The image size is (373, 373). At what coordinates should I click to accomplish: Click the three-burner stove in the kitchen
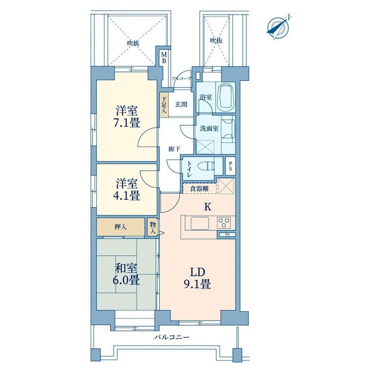[223, 223]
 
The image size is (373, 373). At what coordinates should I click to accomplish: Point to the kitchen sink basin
[200, 223]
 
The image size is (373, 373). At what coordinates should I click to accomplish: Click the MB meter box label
[164, 58]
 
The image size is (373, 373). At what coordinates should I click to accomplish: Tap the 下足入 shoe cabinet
[164, 105]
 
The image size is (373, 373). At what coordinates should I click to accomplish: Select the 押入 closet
[120, 227]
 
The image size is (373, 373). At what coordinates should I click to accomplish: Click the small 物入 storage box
[152, 227]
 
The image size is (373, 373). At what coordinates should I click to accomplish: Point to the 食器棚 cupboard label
[199, 189]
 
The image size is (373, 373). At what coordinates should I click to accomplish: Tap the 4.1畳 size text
[126, 195]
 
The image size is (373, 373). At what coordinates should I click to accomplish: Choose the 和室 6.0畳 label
[126, 274]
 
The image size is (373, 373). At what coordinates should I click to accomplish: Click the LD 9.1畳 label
[197, 278]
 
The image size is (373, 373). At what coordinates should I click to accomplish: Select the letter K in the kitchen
[208, 207]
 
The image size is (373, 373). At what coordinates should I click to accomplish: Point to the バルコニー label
[171, 337]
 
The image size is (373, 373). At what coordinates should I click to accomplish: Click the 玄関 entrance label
[181, 105]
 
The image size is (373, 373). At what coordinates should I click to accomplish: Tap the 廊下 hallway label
[174, 149]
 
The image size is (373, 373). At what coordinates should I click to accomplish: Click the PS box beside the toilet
[230, 166]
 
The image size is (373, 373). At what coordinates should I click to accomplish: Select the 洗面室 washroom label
[209, 129]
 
